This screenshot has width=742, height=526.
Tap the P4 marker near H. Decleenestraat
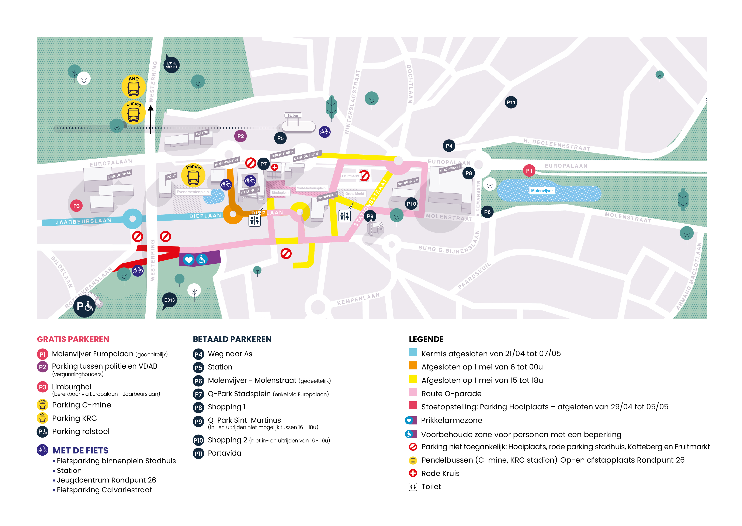pyautogui.click(x=449, y=146)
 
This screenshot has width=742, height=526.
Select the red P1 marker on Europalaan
pyautogui.click(x=529, y=171)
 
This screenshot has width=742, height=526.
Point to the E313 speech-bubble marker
pyautogui.click(x=169, y=300)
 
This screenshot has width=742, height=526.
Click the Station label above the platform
pyautogui.click(x=293, y=115)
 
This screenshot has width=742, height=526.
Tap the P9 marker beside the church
pyautogui.click(x=370, y=216)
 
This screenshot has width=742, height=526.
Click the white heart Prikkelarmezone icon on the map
pyautogui.click(x=189, y=259)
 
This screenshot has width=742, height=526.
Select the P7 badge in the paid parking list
pyautogui.click(x=198, y=394)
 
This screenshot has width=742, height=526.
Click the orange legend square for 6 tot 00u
pyautogui.click(x=413, y=365)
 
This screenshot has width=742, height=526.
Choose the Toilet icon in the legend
pyautogui.click(x=413, y=487)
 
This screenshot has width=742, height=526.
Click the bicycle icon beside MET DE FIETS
pyautogui.click(x=42, y=450)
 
